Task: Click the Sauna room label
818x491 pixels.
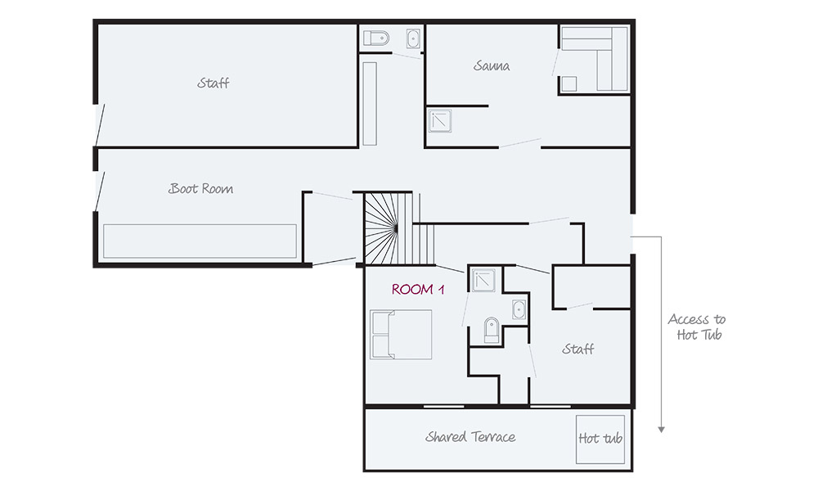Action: point(492,65)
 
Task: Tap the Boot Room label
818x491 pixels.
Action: point(201,188)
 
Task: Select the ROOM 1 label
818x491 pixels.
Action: point(418,289)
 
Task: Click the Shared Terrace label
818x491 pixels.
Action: point(470,437)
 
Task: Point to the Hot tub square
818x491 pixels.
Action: point(600,439)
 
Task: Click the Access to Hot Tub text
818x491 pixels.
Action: point(697,327)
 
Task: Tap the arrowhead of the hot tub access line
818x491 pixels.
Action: point(661,430)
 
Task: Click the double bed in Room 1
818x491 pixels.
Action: point(401,335)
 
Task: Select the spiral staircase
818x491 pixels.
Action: point(398,228)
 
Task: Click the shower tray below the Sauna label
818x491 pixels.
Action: point(439,120)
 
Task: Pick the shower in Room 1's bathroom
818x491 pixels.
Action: point(483,280)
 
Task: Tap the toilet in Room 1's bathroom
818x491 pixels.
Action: point(492,330)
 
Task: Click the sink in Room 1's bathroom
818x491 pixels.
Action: point(519,309)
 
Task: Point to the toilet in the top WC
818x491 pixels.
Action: point(376,38)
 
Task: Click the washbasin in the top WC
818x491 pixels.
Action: point(413,38)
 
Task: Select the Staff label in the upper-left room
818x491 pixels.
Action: point(213,83)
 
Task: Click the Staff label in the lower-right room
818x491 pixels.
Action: point(578,349)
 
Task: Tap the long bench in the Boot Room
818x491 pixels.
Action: point(200,241)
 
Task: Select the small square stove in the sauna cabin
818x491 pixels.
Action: point(569,84)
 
